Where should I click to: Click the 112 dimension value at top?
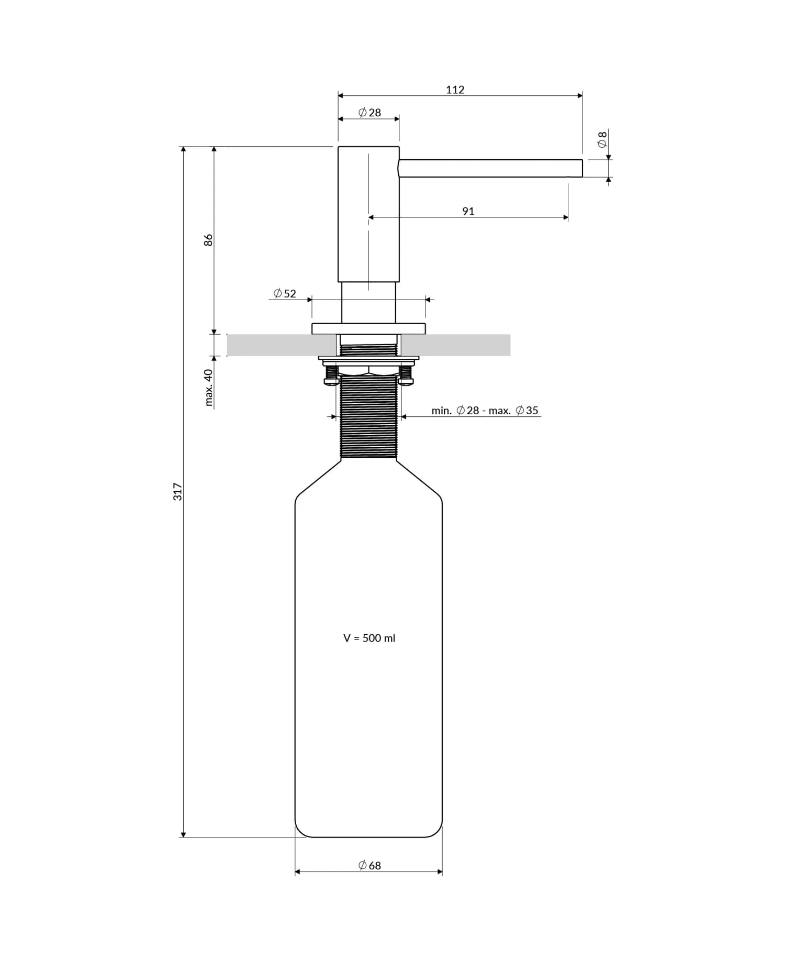pyautogui.click(x=455, y=90)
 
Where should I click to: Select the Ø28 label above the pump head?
pyautogui.click(x=369, y=113)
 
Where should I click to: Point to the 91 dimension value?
pyautogui.click(x=468, y=212)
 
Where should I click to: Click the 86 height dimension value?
pyautogui.click(x=208, y=240)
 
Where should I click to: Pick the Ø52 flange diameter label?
pyautogui.click(x=285, y=294)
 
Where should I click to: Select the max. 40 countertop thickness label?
pyautogui.click(x=209, y=388)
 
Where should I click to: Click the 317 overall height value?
pyautogui.click(x=178, y=491)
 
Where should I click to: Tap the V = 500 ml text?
pyautogui.click(x=369, y=638)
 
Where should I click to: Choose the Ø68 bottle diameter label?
pyautogui.click(x=369, y=866)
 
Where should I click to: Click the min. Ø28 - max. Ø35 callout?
pyautogui.click(x=485, y=411)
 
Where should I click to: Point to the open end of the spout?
pyautogui.click(x=581, y=169)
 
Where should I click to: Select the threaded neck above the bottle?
pyautogui.click(x=368, y=419)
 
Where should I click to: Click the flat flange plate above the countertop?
pyautogui.click(x=368, y=329)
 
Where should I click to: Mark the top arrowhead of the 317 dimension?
pyautogui.click(x=183, y=150)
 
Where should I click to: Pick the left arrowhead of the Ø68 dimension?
pyautogui.click(x=298, y=872)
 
